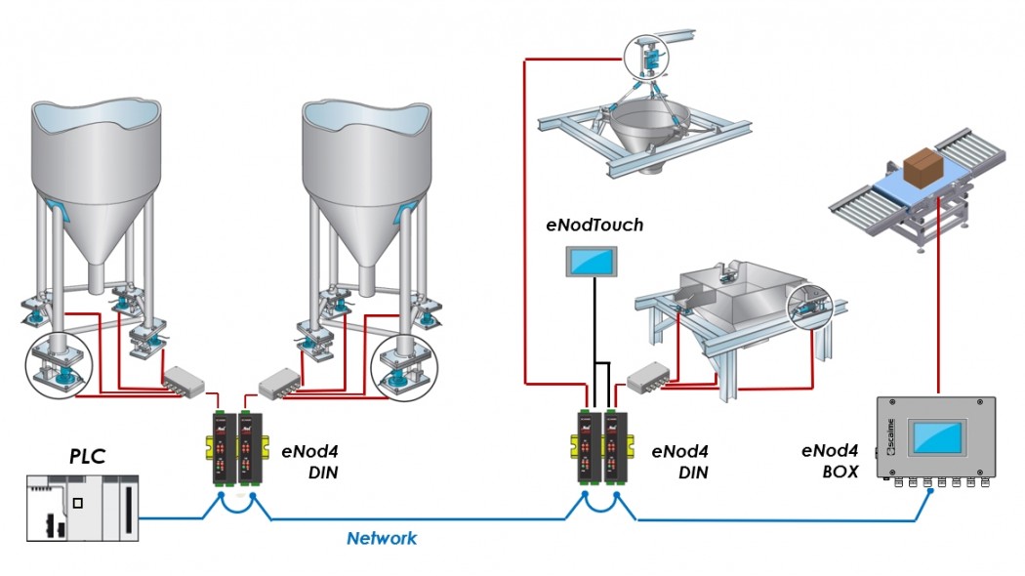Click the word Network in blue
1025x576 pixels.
point(382,538)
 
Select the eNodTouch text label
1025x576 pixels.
point(594,226)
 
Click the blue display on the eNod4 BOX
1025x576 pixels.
point(936,435)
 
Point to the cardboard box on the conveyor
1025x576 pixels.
point(924,166)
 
